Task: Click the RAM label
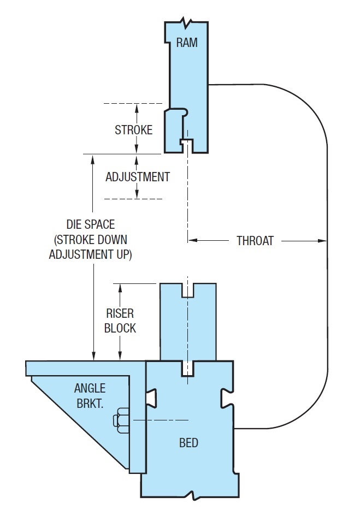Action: coord(187,43)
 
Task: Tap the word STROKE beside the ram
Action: coord(133,130)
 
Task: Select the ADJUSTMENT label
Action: coord(137,177)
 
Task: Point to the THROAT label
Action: coord(255,240)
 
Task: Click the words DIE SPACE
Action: coord(90,224)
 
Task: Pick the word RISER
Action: coord(120,314)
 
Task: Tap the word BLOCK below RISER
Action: coord(120,329)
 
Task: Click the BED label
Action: coord(188,442)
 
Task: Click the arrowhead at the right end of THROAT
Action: coord(322,240)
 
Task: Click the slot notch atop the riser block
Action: coord(188,290)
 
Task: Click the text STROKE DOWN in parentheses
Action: coord(90,240)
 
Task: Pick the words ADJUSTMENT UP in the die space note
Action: coord(90,255)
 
